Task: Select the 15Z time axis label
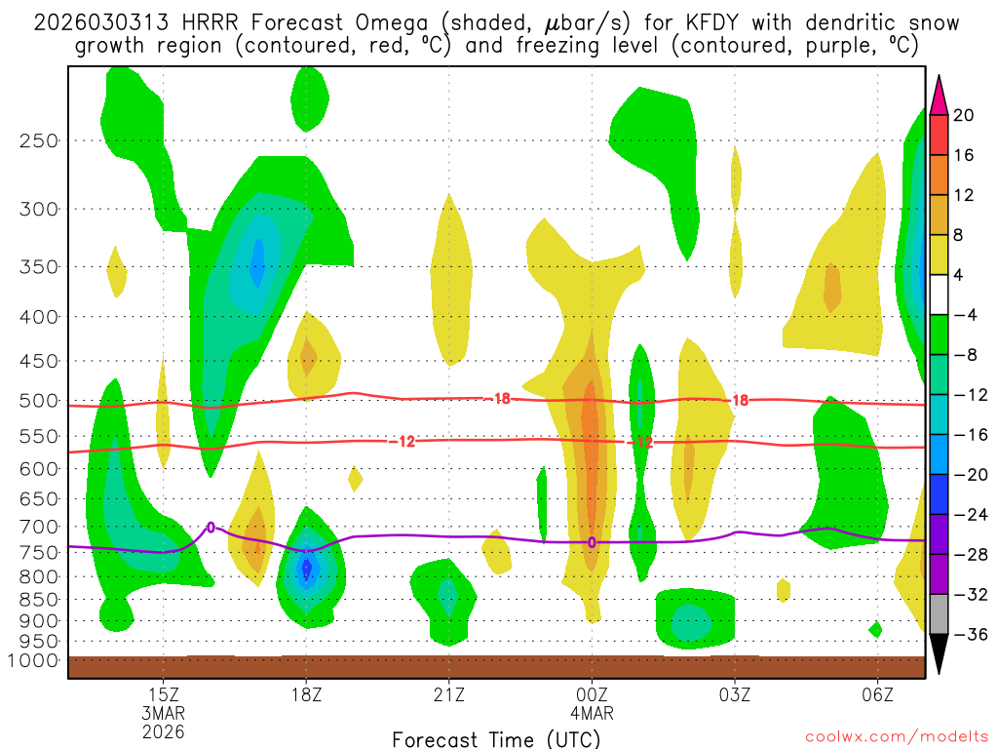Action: [x=163, y=694]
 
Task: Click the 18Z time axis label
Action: [x=306, y=694]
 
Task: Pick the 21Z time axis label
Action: [x=448, y=694]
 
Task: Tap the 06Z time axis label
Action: [x=878, y=694]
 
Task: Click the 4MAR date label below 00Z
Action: [x=592, y=712]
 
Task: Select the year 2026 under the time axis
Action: [x=163, y=730]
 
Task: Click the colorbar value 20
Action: [x=963, y=115]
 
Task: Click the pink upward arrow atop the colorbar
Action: [x=940, y=95]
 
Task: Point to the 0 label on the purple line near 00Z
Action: [x=592, y=542]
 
